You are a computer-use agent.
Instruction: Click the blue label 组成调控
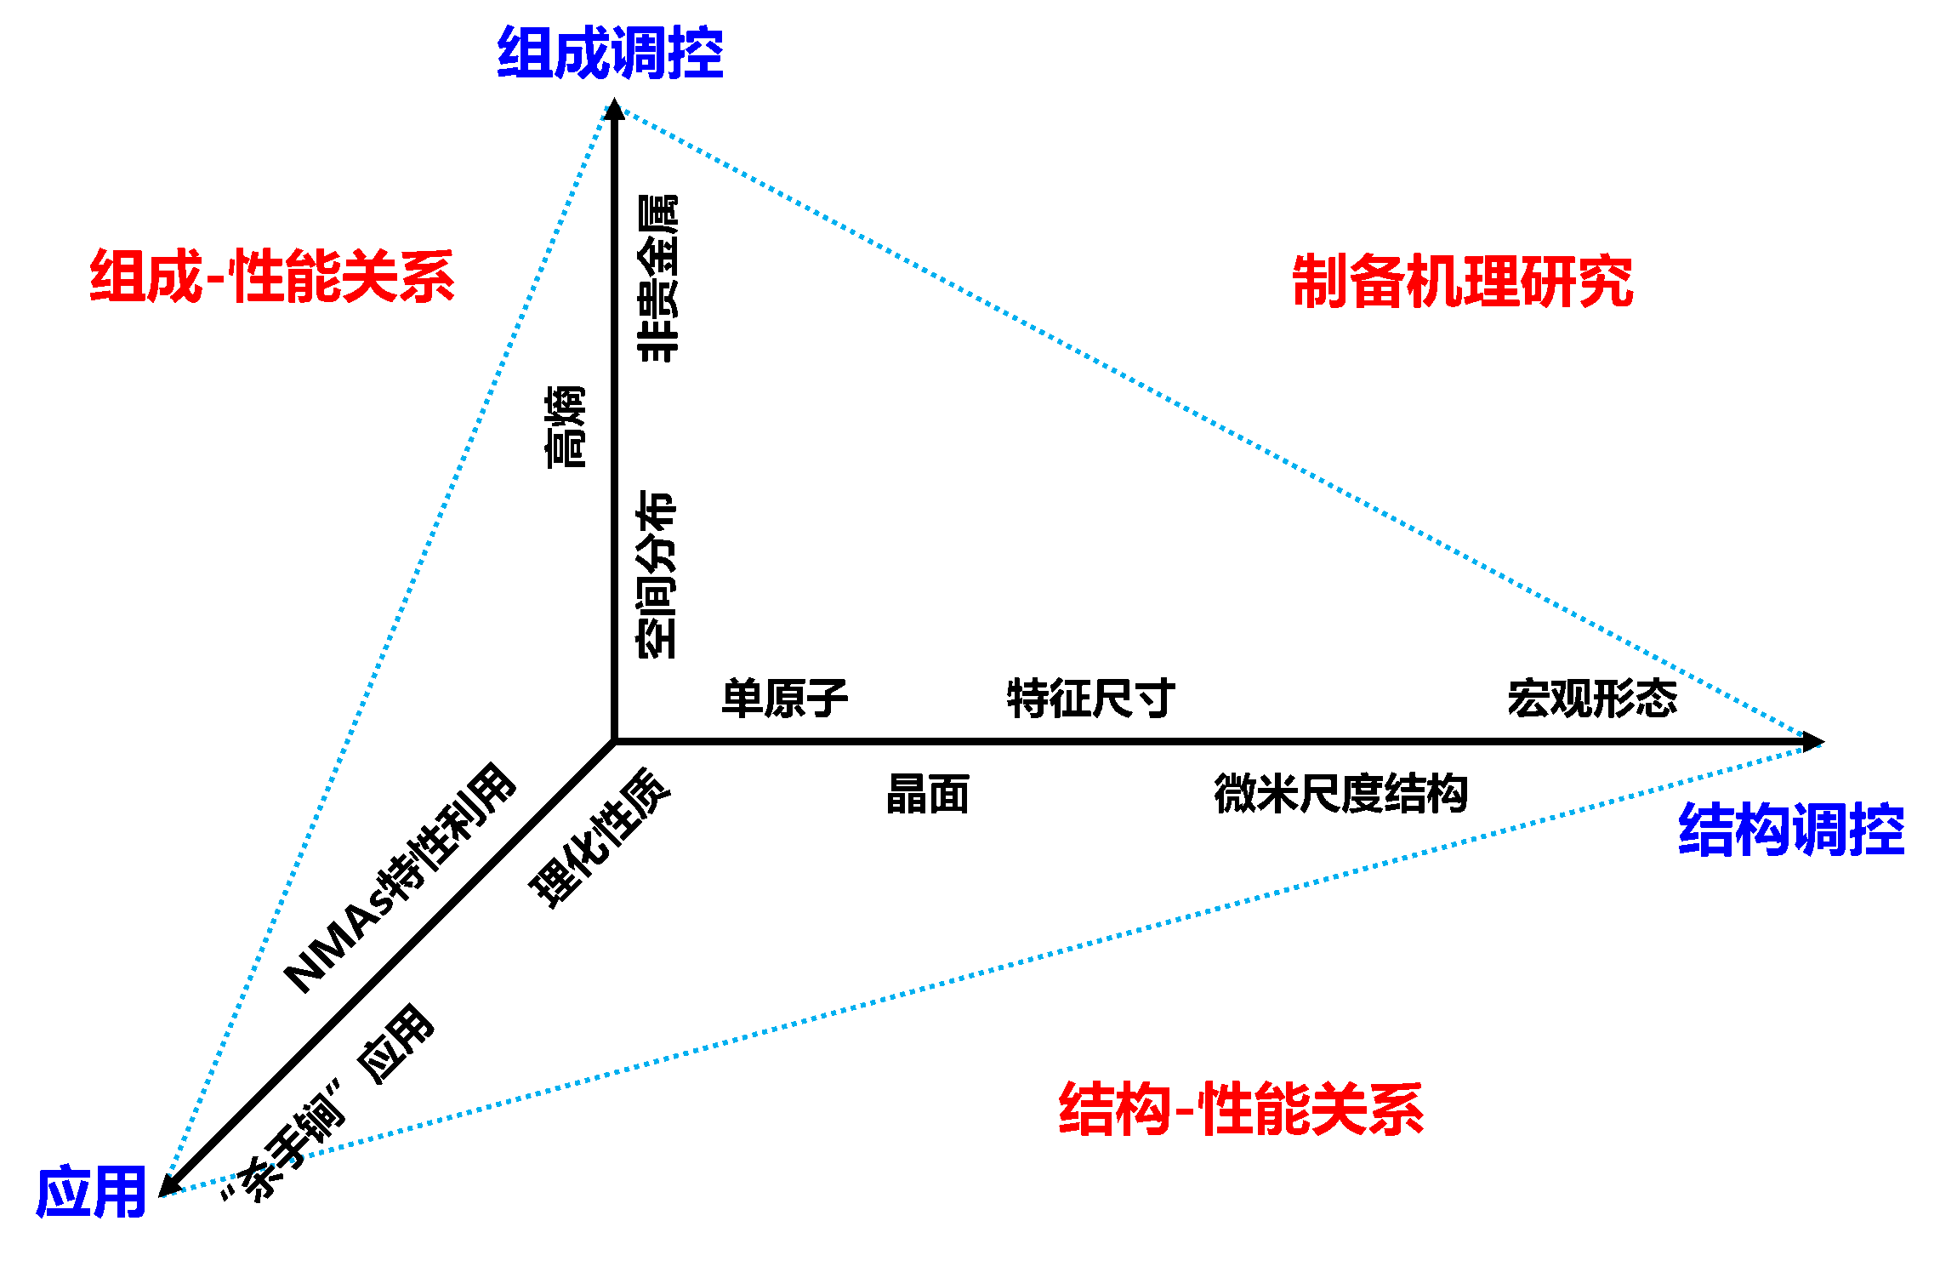coord(610,53)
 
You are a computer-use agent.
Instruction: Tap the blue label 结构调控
coord(1790,829)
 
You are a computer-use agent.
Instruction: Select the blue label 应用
coord(91,1192)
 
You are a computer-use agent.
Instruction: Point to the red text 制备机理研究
coord(1462,281)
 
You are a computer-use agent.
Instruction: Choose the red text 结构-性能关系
coord(1241,1109)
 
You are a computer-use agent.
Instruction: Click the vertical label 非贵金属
coord(657,279)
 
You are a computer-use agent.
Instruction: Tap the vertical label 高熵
coord(566,426)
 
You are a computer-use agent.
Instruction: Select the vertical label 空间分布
coord(657,573)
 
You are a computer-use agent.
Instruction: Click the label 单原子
coord(784,699)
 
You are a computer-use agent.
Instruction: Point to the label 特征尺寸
coord(1090,699)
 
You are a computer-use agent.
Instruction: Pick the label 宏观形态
coord(1592,699)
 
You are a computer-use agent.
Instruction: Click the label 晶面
coord(927,794)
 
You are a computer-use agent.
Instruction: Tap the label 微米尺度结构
coord(1340,794)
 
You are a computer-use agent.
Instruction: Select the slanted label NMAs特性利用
coord(400,878)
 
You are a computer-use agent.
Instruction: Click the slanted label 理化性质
coord(600,837)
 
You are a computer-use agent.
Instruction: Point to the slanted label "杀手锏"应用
coord(328,1103)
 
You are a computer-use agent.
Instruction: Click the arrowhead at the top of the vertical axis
coord(614,110)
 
